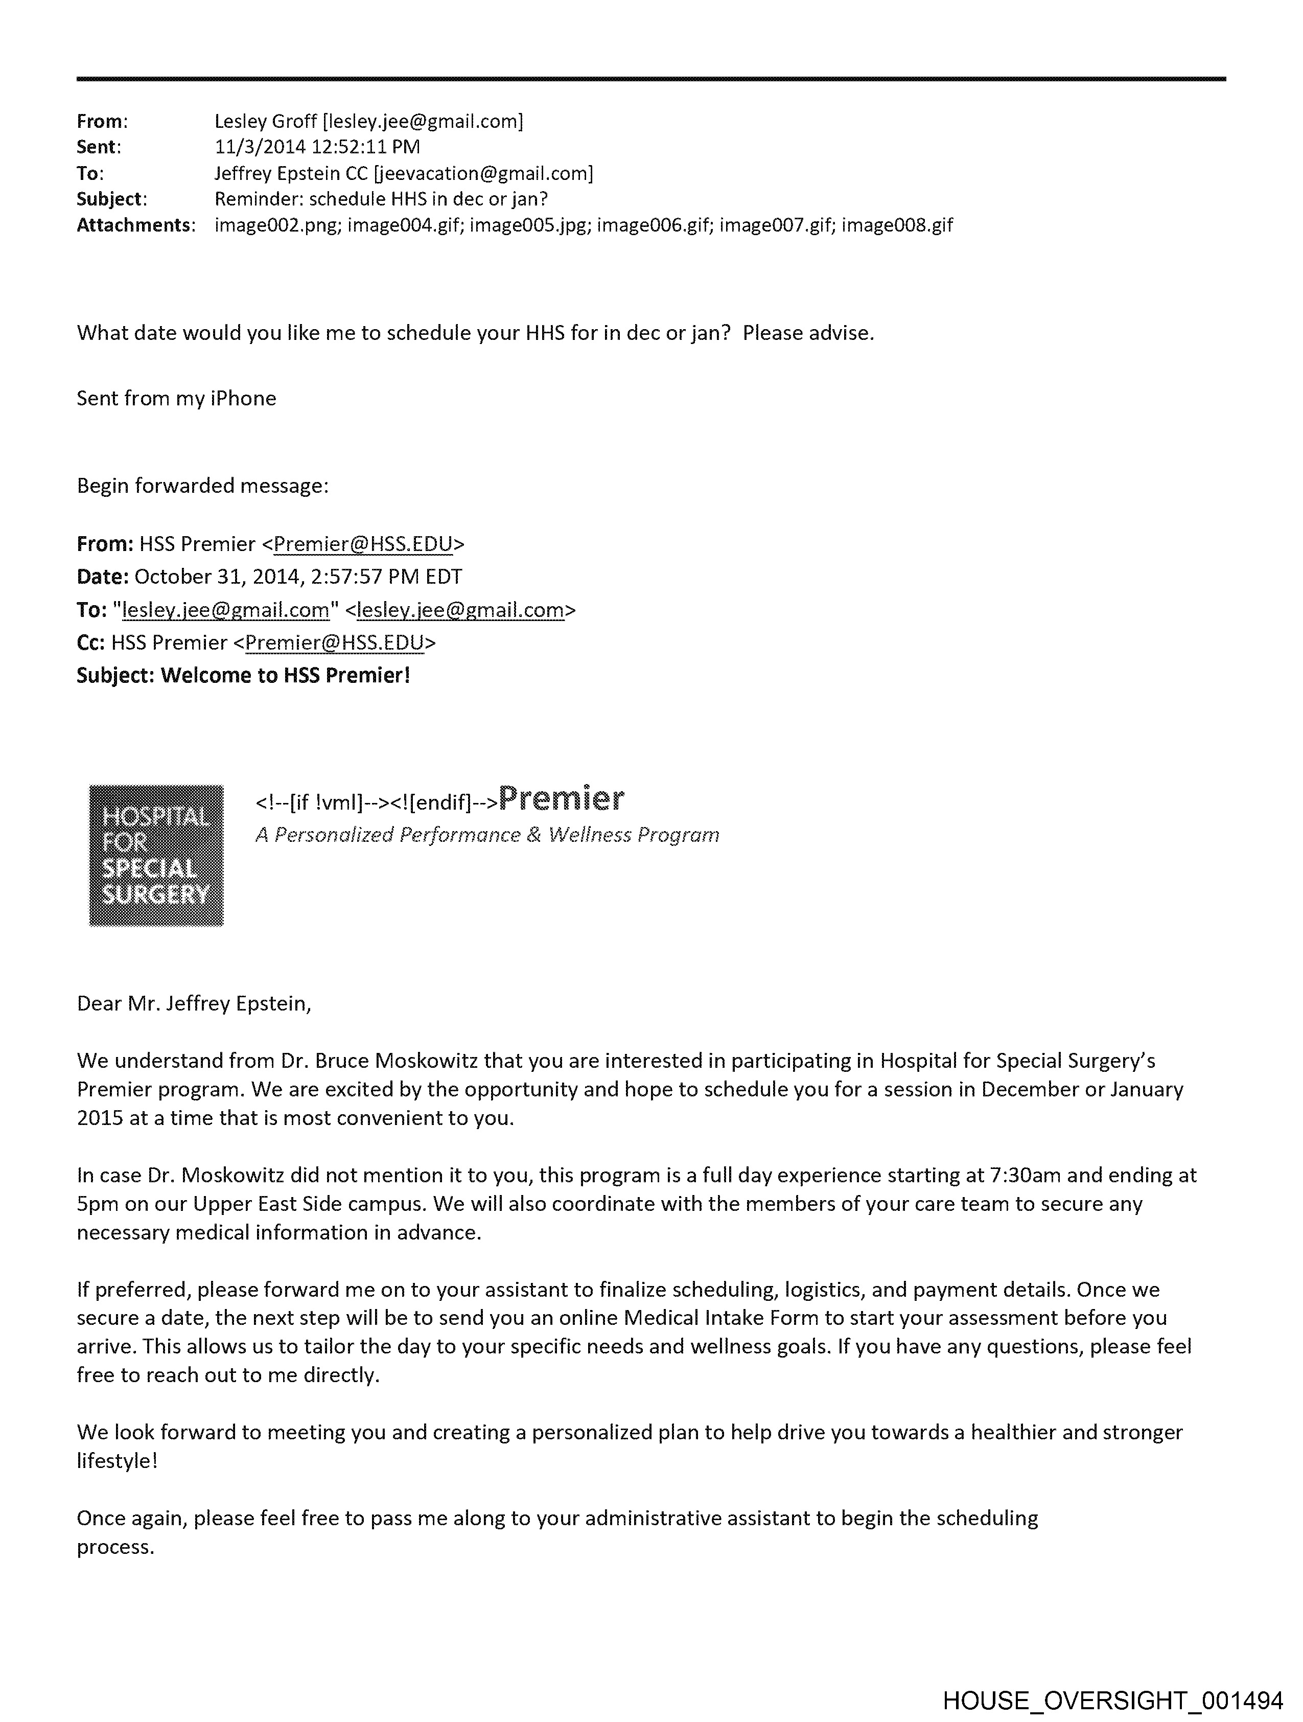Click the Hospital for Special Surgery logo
coord(156,855)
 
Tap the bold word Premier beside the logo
coord(561,799)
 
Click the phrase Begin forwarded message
coord(202,486)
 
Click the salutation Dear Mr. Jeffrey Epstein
coord(194,1003)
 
